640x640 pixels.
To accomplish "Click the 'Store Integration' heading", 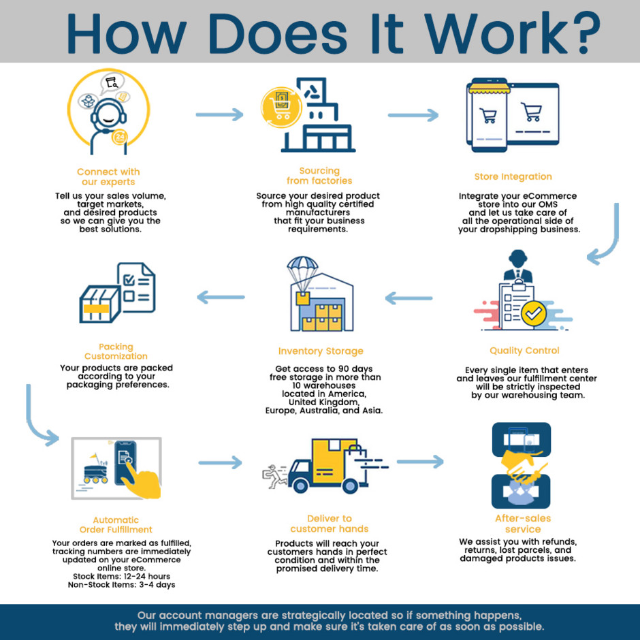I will tap(513, 177).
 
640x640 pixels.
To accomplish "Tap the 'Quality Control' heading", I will tap(524, 351).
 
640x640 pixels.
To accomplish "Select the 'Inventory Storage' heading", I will tap(320, 351).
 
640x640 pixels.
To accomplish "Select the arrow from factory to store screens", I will tap(413, 115).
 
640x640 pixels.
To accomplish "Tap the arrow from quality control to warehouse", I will tap(409, 298).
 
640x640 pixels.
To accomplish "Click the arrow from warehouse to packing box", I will tap(221, 297).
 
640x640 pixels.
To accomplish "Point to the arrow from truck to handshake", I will tap(419, 463).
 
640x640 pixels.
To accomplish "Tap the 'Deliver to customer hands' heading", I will tap(329, 524).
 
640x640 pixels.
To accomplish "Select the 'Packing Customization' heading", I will tap(116, 351).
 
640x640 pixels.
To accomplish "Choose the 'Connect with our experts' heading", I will tap(108, 177).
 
